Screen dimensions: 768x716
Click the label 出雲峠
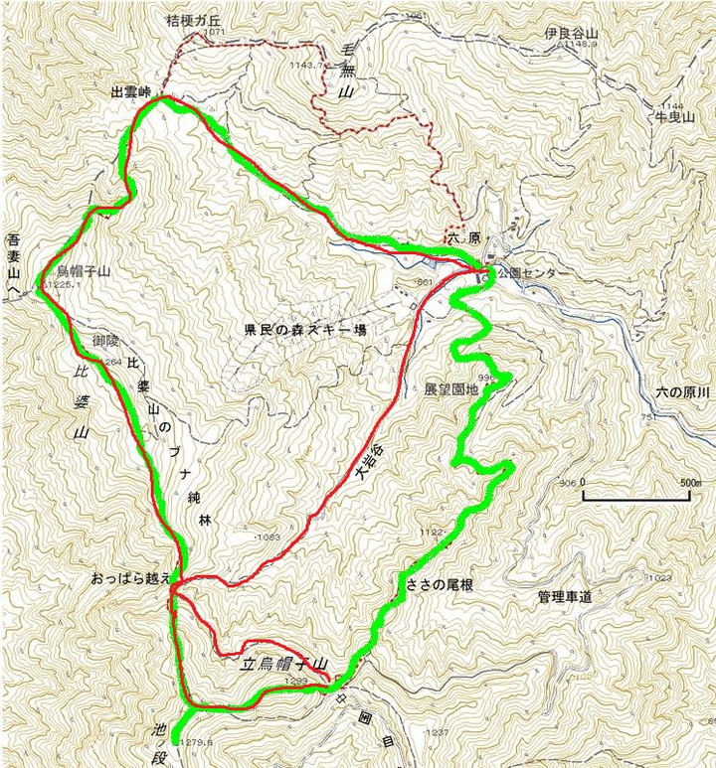(130, 91)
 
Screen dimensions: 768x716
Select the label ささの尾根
(439, 585)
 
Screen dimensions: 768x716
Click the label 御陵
(106, 341)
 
